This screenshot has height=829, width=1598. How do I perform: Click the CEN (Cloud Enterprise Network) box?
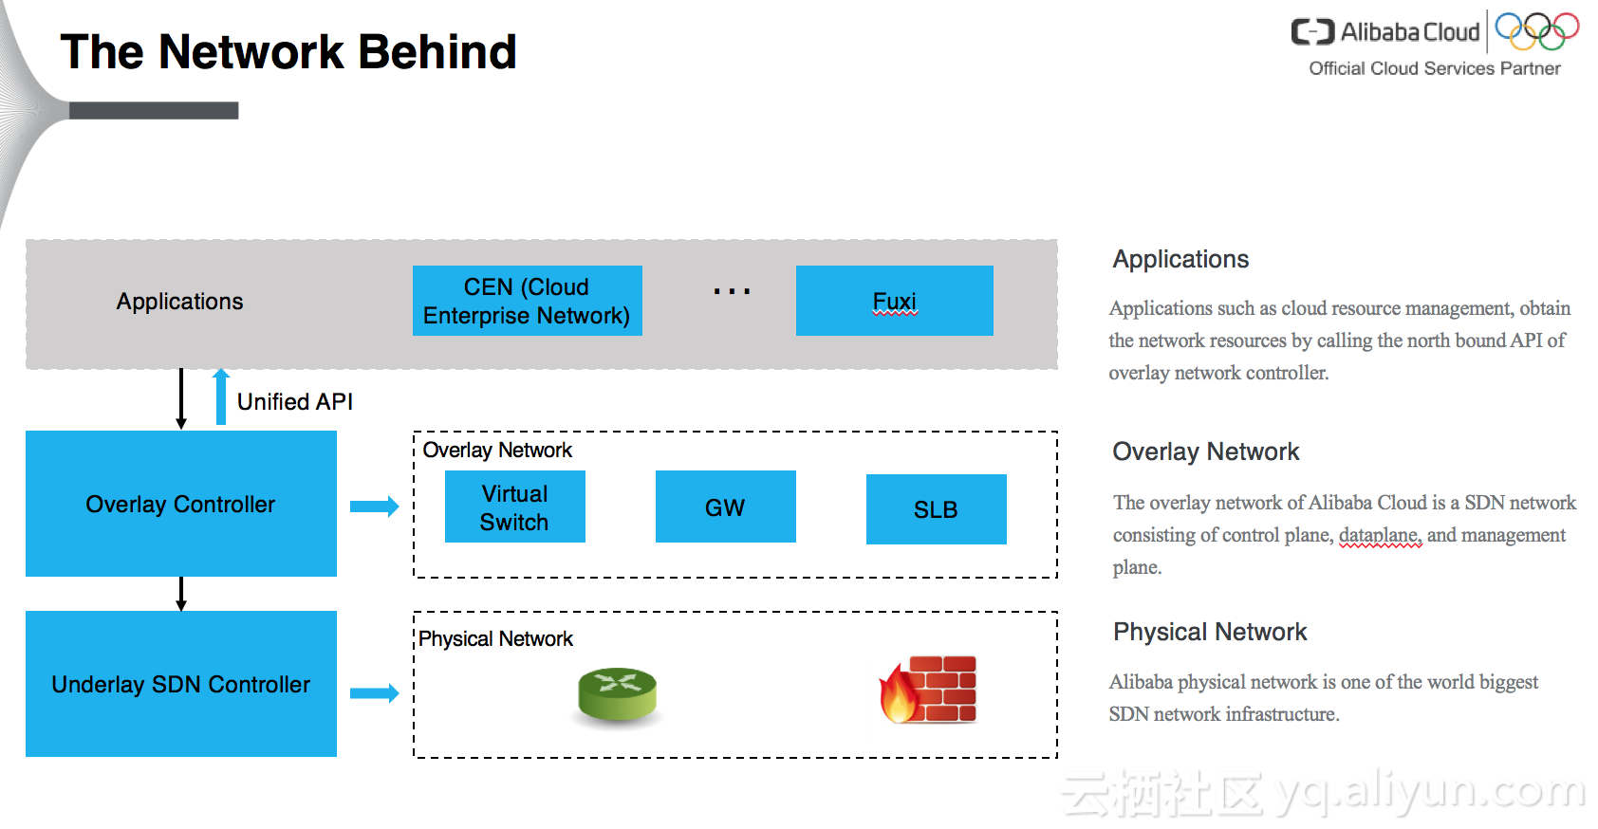pyautogui.click(x=528, y=301)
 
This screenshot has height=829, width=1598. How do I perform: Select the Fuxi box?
pyautogui.click(x=895, y=301)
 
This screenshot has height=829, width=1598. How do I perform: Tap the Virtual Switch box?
pyautogui.click(x=515, y=507)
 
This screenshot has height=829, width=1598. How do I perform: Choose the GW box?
pyautogui.click(x=726, y=507)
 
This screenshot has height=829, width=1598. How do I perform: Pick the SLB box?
pyautogui.click(x=936, y=509)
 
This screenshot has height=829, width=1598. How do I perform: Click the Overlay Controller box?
pyautogui.click(x=181, y=504)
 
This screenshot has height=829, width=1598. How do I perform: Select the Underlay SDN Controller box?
pyautogui.click(x=181, y=684)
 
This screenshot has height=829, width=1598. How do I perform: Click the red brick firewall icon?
pyautogui.click(x=928, y=690)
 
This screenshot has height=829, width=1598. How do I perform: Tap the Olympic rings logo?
pyautogui.click(x=1536, y=31)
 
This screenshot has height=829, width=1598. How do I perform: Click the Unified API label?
pyautogui.click(x=294, y=402)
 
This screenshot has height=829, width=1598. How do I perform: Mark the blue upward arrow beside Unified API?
pyautogui.click(x=221, y=397)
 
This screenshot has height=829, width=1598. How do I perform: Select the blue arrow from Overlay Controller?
pyautogui.click(x=375, y=507)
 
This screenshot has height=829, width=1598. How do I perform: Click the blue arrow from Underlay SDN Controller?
pyautogui.click(x=375, y=692)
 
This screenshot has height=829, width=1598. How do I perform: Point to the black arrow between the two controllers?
pyautogui.click(x=181, y=594)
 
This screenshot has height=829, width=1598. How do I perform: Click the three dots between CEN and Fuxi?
pyautogui.click(x=732, y=291)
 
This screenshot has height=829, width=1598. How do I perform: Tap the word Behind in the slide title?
pyautogui.click(x=437, y=52)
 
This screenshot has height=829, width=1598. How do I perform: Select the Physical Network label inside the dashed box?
pyautogui.click(x=495, y=638)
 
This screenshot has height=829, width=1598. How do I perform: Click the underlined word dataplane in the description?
pyautogui.click(x=1380, y=536)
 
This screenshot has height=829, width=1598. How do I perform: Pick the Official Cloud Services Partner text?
pyautogui.click(x=1435, y=68)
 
